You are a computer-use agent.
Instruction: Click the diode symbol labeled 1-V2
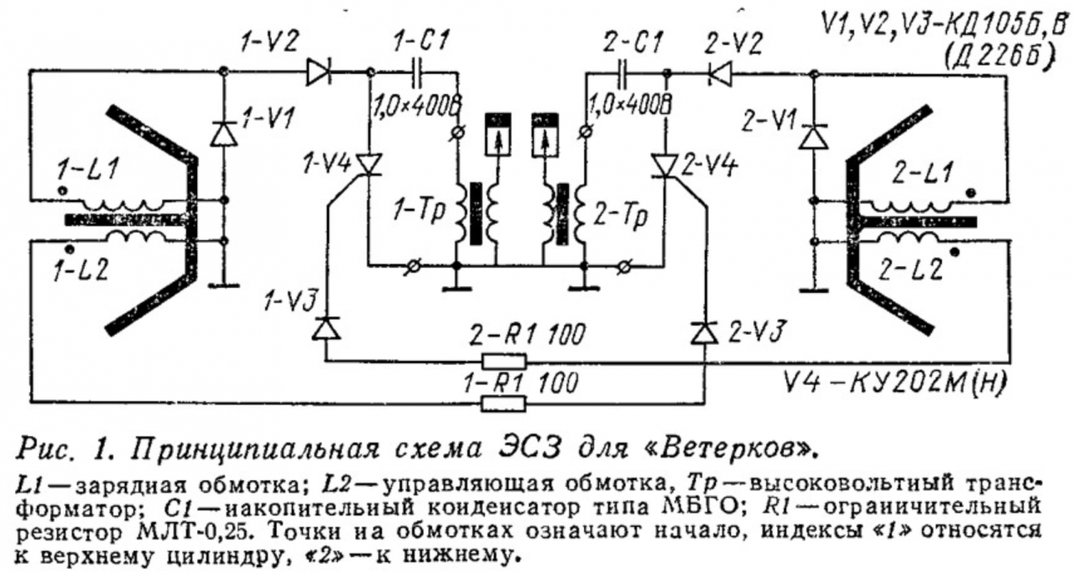click(x=320, y=73)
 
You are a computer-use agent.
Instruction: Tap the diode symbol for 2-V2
click(x=719, y=73)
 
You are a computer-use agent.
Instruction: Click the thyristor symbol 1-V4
click(x=368, y=164)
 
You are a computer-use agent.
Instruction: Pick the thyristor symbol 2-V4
click(x=665, y=165)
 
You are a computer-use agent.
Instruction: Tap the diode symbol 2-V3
click(x=704, y=332)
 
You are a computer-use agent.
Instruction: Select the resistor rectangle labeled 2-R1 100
click(x=503, y=362)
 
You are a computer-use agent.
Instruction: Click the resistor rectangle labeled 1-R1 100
click(x=503, y=404)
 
